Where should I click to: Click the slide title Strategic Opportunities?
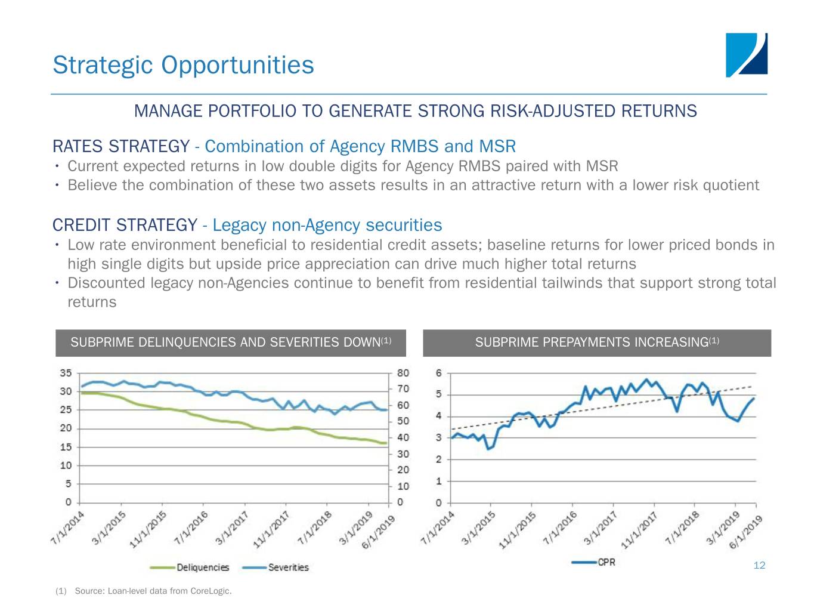183,65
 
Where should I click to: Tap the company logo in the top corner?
746,55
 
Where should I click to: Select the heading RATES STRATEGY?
120,146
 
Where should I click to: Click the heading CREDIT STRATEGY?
125,225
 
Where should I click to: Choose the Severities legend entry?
288,567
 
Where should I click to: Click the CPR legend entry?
606,562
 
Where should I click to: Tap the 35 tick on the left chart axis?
66,374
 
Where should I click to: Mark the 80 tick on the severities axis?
403,374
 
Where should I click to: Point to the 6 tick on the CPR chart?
439,374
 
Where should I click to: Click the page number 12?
759,566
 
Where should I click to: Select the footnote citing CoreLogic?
143,591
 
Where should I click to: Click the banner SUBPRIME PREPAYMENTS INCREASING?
596,342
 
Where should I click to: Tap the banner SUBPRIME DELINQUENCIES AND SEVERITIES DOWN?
230,342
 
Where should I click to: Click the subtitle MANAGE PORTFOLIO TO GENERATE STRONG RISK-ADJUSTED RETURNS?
415,111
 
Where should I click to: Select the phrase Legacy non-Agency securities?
327,225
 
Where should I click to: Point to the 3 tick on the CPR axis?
439,438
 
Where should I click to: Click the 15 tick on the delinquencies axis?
66,447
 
